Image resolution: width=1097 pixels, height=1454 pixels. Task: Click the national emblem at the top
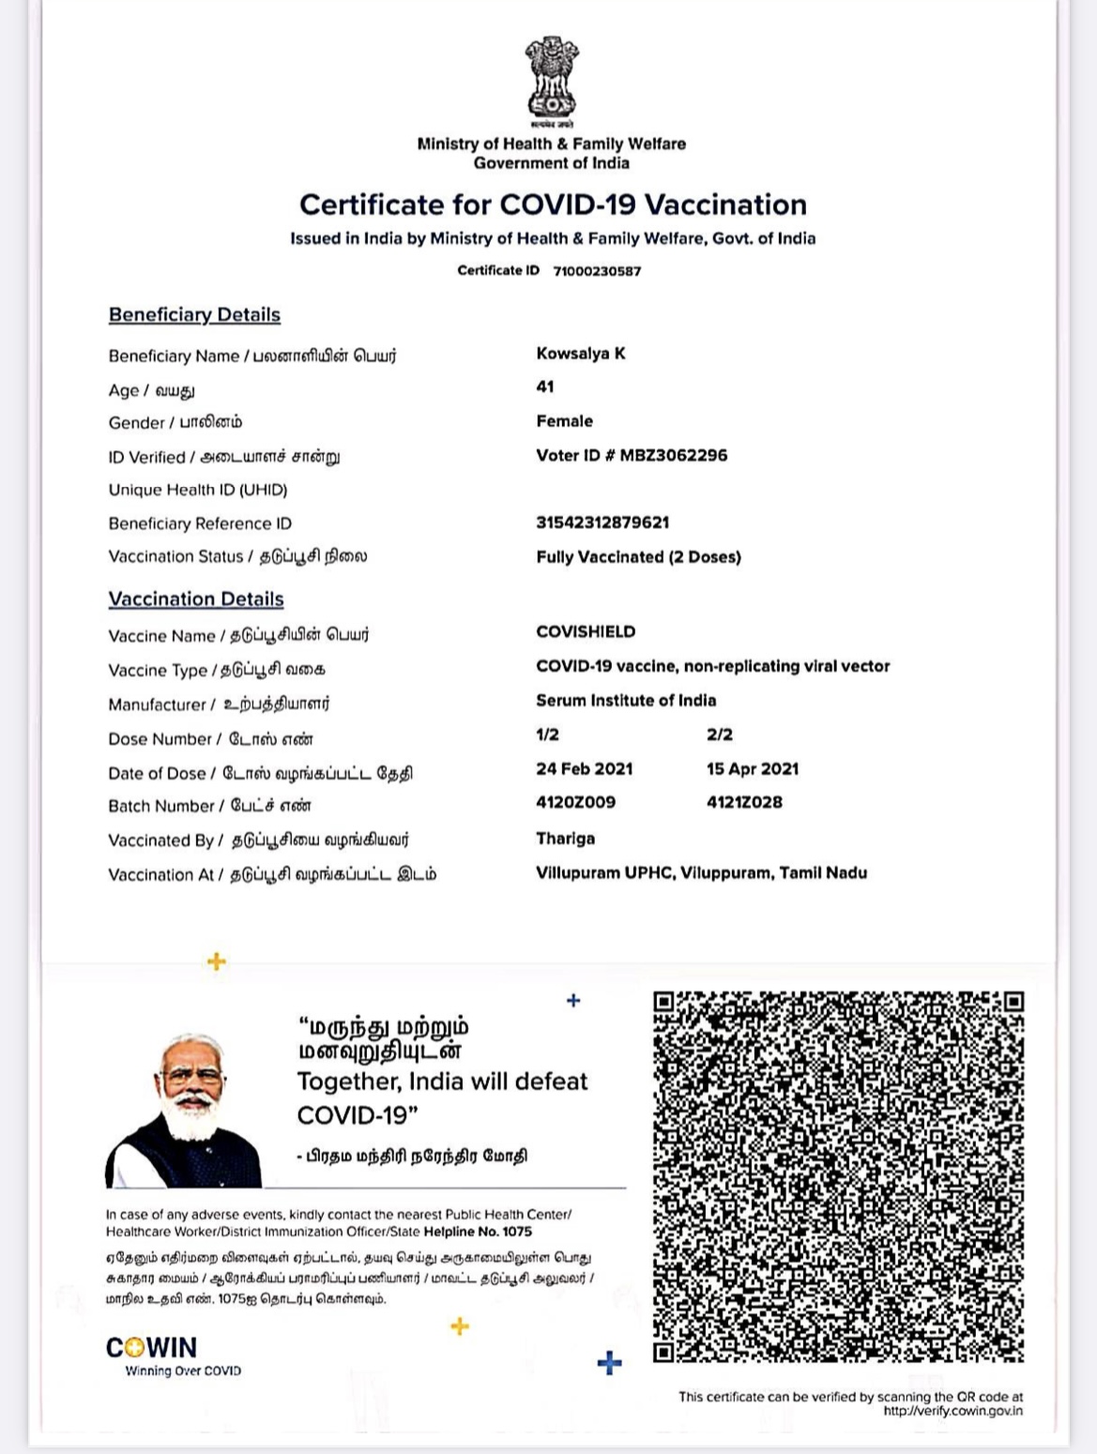point(551,79)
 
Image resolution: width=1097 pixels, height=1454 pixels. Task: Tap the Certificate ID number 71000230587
point(597,271)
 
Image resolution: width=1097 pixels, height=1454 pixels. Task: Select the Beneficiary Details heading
point(194,315)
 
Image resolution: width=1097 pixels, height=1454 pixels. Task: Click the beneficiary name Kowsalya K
point(581,354)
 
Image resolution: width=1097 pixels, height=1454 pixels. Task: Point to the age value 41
point(545,386)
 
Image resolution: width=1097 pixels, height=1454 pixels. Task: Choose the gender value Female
point(564,421)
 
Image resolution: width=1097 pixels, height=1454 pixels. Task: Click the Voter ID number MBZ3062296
point(673,455)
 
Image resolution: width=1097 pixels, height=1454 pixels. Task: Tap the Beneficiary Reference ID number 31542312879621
point(602,523)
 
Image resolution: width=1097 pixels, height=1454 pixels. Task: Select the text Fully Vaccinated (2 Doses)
point(638,557)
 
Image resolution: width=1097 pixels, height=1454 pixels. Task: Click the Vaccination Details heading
point(196,599)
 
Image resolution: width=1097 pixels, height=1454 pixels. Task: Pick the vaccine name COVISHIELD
point(586,632)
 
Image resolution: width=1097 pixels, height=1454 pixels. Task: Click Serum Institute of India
point(626,701)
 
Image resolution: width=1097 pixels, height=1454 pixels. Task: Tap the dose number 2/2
point(720,735)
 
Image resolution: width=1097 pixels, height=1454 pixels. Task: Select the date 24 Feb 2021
point(585,769)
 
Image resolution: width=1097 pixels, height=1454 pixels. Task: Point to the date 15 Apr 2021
point(753,769)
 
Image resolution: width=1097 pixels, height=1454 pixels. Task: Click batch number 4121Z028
point(744,802)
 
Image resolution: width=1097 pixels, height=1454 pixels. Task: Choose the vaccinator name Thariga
point(565,839)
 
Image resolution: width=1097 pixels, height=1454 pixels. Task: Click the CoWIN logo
point(152,1348)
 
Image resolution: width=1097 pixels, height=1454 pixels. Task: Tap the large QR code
point(838,1176)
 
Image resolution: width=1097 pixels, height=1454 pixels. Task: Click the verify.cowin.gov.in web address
point(952,1411)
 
